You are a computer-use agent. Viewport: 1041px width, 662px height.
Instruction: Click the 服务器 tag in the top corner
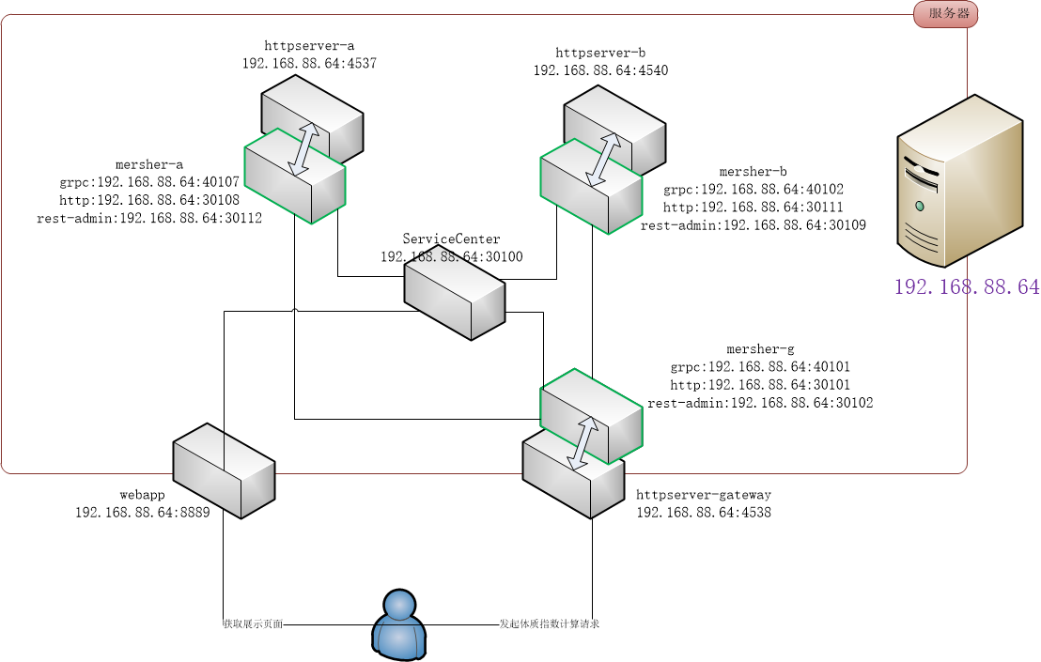click(x=946, y=14)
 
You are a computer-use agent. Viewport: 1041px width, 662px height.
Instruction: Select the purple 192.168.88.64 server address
click(x=966, y=287)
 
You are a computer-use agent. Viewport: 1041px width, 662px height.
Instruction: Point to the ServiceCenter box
click(x=455, y=299)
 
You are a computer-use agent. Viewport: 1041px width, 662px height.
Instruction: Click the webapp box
click(x=224, y=470)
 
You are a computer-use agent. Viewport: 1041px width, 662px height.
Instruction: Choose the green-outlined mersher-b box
click(x=591, y=186)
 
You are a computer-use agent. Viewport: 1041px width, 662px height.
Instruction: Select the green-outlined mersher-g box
click(x=591, y=416)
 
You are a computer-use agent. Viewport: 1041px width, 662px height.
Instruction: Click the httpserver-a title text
click(x=309, y=45)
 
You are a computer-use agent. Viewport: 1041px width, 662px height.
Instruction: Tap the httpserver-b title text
click(x=600, y=53)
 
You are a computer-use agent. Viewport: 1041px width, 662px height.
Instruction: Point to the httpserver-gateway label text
click(x=703, y=495)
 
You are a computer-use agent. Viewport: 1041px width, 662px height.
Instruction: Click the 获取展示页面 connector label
click(x=252, y=624)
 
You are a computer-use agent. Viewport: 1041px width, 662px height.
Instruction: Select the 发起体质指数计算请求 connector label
click(x=549, y=624)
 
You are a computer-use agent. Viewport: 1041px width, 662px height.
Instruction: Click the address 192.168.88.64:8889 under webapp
click(x=142, y=513)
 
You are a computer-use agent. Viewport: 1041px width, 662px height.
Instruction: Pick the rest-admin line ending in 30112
click(x=148, y=218)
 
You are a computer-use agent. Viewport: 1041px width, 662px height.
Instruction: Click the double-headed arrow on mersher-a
click(x=303, y=147)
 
